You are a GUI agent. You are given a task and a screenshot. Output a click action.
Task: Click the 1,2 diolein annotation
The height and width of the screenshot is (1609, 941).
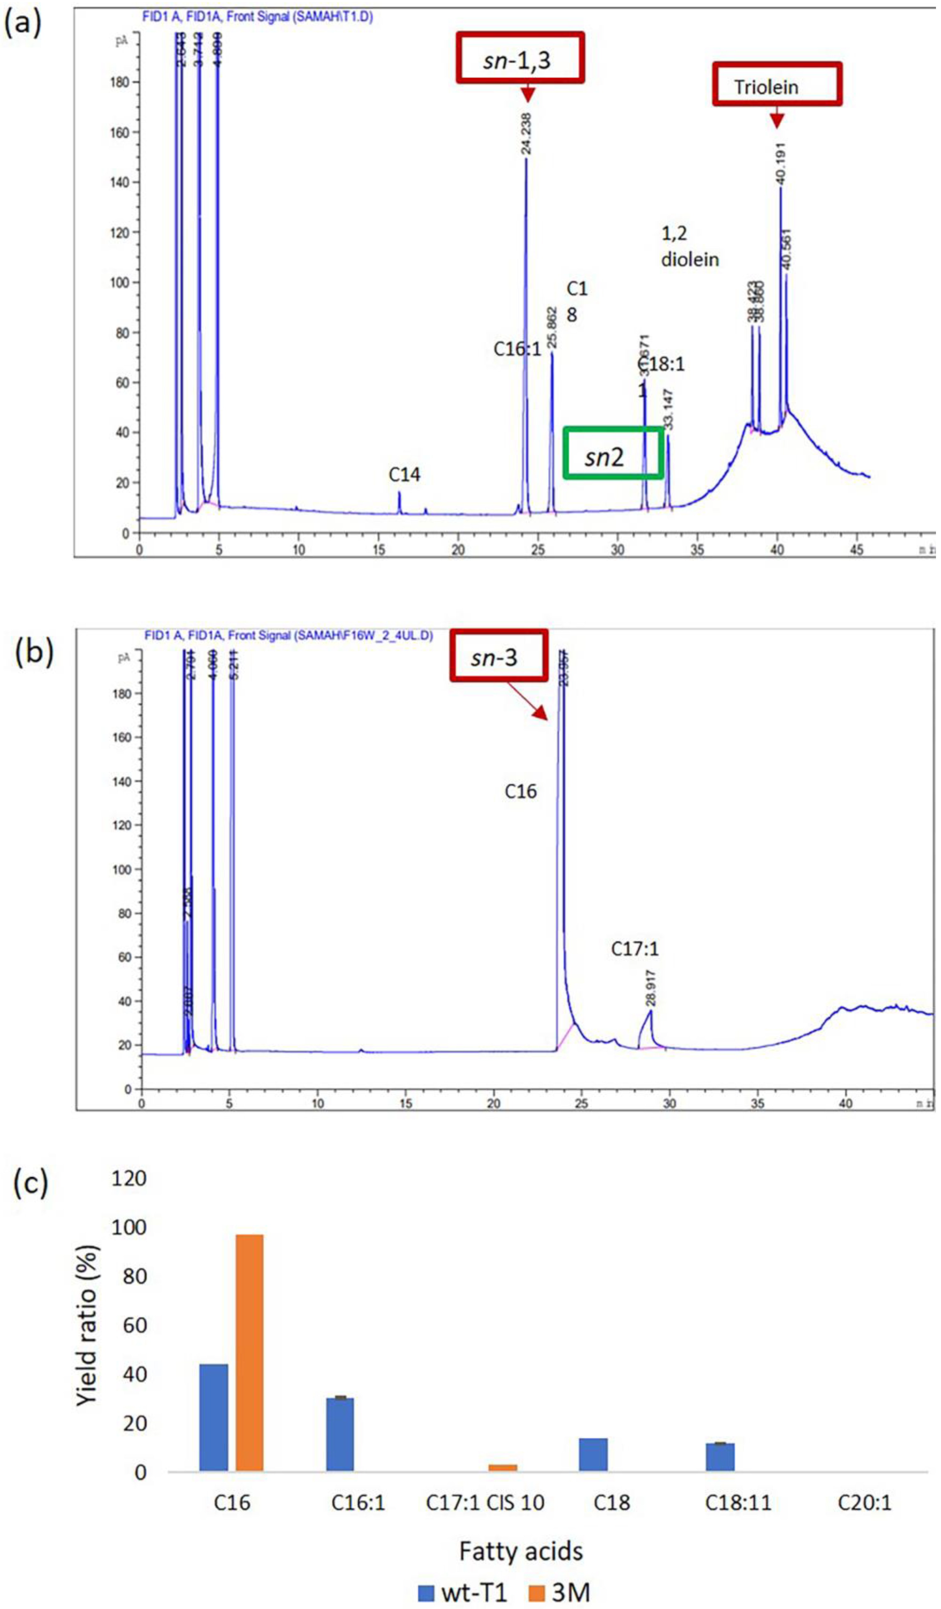point(689,246)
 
